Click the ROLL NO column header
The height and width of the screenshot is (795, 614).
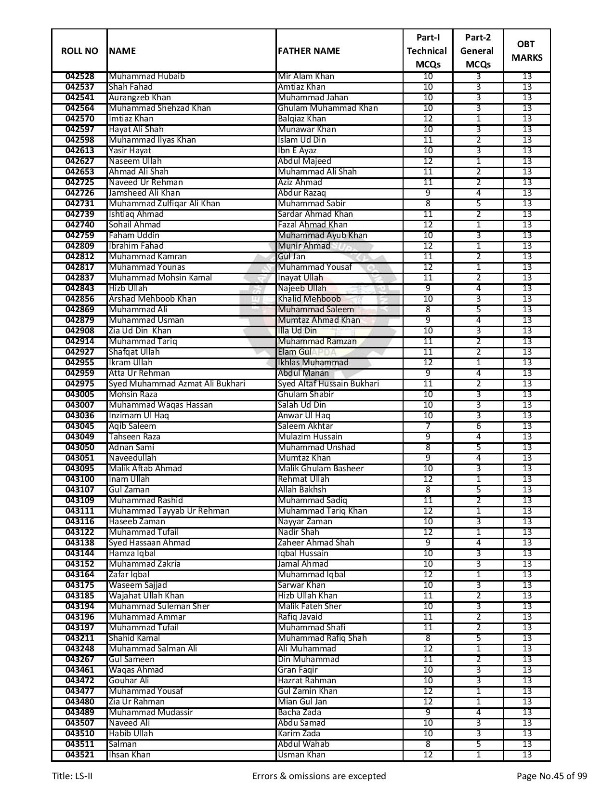tap(79, 51)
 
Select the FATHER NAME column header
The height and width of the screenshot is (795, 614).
tap(309, 51)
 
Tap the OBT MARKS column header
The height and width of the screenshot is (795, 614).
tap(526, 51)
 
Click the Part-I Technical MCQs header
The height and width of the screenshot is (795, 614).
tap(427, 51)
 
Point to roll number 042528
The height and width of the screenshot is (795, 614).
tap(79, 77)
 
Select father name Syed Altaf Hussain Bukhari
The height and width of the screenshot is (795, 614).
tap(328, 384)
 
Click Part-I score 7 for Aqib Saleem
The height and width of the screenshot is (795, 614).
tap(428, 426)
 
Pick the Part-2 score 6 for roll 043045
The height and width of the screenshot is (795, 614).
tap(478, 426)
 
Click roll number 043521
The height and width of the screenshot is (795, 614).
tap(79, 755)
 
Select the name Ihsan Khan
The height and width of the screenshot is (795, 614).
tap(130, 755)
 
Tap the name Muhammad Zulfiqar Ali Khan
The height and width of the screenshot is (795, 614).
tap(164, 204)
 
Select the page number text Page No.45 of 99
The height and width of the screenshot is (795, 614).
tap(551, 776)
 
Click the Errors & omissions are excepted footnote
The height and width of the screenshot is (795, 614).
tap(319, 776)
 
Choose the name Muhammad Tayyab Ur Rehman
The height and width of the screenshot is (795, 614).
tap(169, 511)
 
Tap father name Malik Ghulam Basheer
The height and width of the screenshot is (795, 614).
tap(321, 469)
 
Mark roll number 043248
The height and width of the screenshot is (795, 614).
tap(79, 649)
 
